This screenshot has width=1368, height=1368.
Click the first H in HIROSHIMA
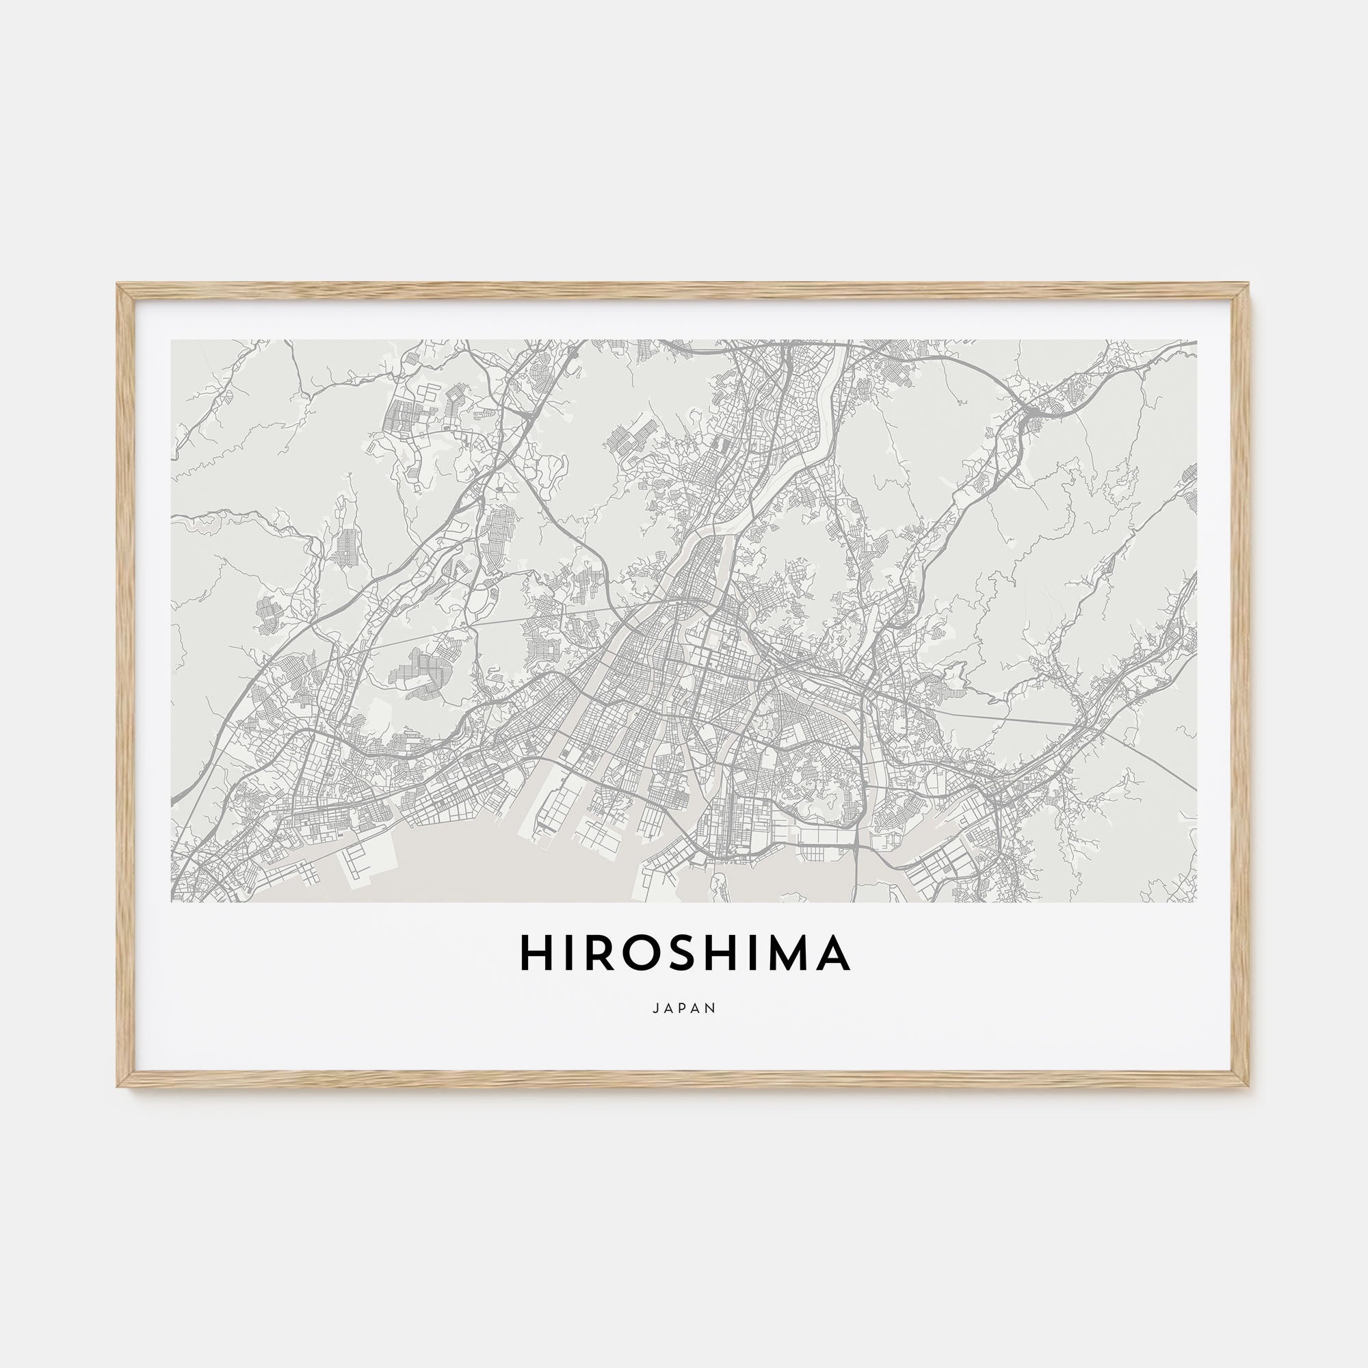coord(536,952)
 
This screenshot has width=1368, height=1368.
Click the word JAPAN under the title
coord(684,1008)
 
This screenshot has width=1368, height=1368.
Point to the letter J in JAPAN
coord(656,1008)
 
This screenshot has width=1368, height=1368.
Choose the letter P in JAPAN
coord(684,1008)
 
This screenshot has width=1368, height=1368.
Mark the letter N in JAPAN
coord(712,1008)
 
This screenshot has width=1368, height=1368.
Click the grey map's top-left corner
coord(172,341)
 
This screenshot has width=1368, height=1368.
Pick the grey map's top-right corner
coord(1196,341)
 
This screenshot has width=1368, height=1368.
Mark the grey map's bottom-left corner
coord(172,902)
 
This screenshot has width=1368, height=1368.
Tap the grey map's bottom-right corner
coord(1196,902)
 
